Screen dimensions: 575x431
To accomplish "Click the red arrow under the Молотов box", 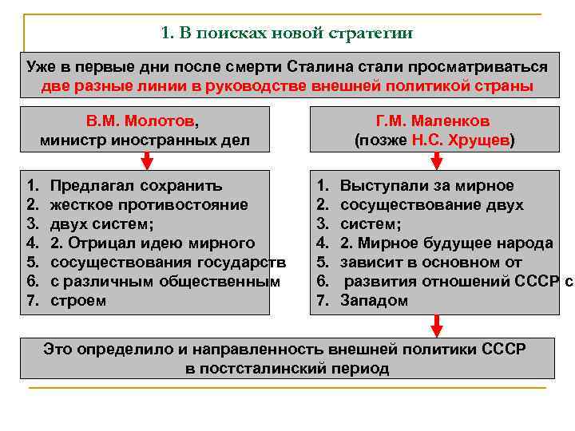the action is pos(146,162).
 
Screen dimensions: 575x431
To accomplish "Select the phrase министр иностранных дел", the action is pos(145,140).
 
